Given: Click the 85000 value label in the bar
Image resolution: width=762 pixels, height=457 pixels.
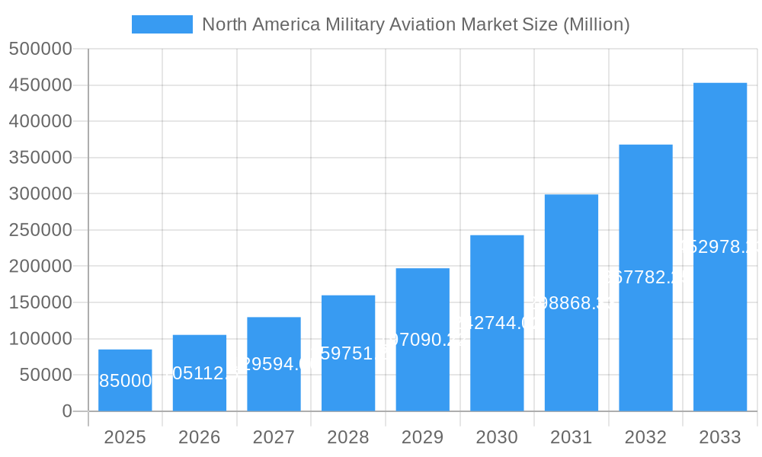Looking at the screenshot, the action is pos(125,381).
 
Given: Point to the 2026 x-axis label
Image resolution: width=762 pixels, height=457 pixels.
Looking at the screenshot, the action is pos(199,437).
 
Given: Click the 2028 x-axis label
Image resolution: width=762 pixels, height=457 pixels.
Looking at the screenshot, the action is pos(347,437).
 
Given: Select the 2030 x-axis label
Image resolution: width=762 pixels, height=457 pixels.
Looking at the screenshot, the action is pos(496,437).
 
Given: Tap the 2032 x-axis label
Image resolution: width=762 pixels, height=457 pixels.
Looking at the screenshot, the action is pos(645,437).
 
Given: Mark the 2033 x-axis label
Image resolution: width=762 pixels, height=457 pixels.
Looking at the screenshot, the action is pos(719,437).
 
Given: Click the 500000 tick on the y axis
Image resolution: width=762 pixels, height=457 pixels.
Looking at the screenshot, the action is pos(40,50).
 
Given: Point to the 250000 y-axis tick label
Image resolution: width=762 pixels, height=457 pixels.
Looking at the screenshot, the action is pos(40,230).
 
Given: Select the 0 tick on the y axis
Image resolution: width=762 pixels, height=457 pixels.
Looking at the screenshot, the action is pos(67,411).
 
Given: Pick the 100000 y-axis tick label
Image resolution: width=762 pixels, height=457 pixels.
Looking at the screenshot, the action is pos(40,339).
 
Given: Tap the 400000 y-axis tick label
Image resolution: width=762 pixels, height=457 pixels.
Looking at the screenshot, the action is pos(40,122).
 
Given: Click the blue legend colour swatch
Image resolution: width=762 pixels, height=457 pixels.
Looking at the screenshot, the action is pos(162,24).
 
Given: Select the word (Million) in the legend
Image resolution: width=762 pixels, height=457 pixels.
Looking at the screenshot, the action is pos(596,24).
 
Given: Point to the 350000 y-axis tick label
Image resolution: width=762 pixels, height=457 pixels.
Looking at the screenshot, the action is pos(40,158).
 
